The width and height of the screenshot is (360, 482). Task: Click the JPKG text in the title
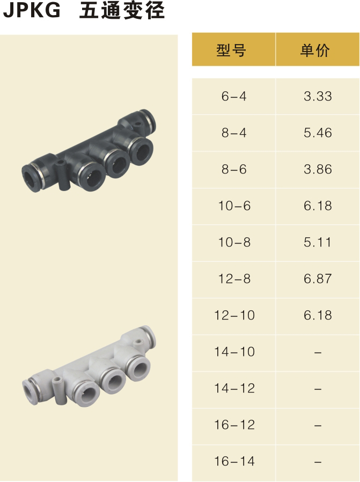click(32, 10)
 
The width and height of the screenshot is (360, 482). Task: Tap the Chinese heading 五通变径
click(122, 10)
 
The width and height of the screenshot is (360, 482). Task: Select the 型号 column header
click(231, 50)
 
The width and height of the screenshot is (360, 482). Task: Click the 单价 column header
click(315, 50)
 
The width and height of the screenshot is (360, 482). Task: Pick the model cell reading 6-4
click(234, 96)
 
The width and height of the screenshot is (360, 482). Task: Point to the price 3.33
click(318, 96)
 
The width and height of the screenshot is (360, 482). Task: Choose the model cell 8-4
click(234, 133)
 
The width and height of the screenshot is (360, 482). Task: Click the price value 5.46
click(318, 133)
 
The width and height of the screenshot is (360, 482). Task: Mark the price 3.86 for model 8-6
click(318, 170)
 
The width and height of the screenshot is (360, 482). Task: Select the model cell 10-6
click(234, 206)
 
